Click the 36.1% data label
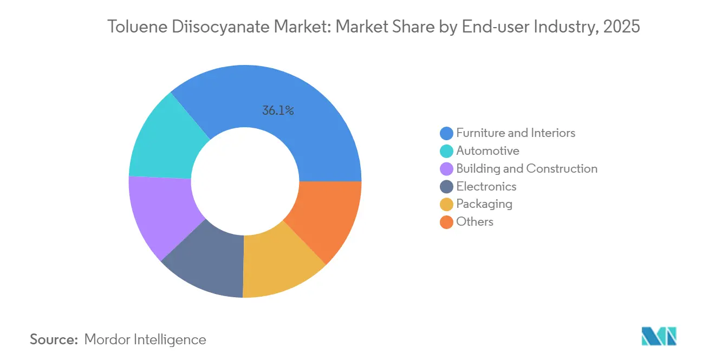tap(278, 111)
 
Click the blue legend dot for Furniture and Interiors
tap(446, 133)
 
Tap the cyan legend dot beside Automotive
tap(446, 151)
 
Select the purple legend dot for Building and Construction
tap(446, 169)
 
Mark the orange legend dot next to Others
tap(446, 222)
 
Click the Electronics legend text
tap(486, 187)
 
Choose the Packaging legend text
tap(484, 204)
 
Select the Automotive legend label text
tap(487, 151)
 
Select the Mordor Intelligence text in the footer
tap(145, 339)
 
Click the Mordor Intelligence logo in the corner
tap(659, 336)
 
